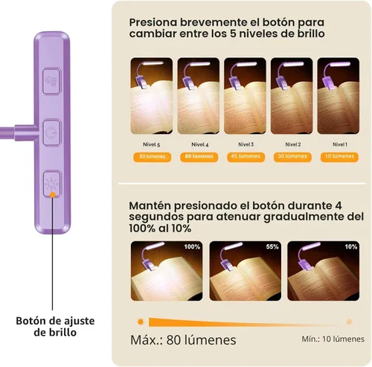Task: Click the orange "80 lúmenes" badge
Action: click(x=153, y=157)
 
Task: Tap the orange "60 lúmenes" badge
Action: click(x=199, y=157)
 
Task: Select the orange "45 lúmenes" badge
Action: click(x=246, y=157)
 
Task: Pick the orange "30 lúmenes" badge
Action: click(x=292, y=157)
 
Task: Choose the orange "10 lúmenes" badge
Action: click(x=339, y=157)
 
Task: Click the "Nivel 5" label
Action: click(x=151, y=144)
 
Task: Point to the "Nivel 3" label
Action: click(x=246, y=144)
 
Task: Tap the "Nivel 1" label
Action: click(x=340, y=144)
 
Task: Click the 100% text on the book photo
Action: click(x=192, y=246)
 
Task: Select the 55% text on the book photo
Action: click(x=272, y=246)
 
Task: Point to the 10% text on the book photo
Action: click(x=351, y=246)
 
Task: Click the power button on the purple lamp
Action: click(x=52, y=133)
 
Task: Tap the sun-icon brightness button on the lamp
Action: click(x=52, y=184)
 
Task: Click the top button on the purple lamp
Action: click(x=51, y=81)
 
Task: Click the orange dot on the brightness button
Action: click(x=53, y=195)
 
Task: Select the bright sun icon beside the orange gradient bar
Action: click(x=141, y=322)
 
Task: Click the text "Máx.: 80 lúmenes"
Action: click(x=183, y=339)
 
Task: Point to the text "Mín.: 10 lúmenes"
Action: click(x=333, y=339)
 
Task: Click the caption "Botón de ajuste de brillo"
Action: click(x=55, y=327)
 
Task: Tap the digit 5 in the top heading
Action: click(x=233, y=33)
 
